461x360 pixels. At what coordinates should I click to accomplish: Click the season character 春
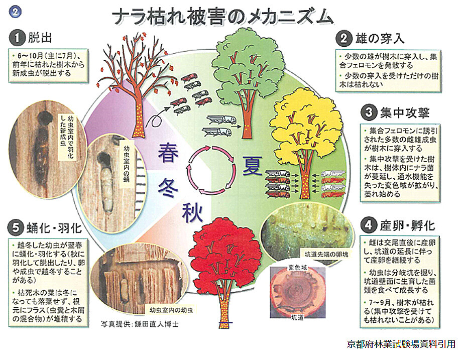(168, 151)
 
